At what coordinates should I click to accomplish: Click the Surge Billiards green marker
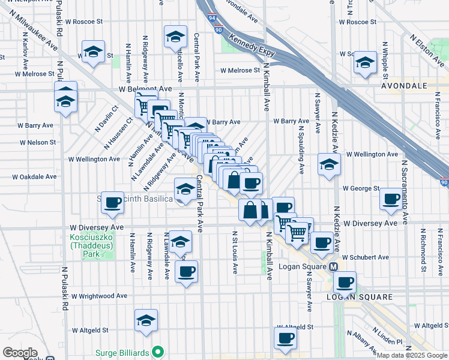tap(158, 352)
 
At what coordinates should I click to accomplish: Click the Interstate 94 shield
tap(206, 19)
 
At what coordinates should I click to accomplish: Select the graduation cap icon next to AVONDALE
tap(365, 63)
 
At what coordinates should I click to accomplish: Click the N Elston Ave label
tap(428, 47)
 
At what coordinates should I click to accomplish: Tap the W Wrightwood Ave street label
tap(99, 296)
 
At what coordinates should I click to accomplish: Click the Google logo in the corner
tap(20, 353)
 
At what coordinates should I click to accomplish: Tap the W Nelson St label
tap(37, 143)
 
